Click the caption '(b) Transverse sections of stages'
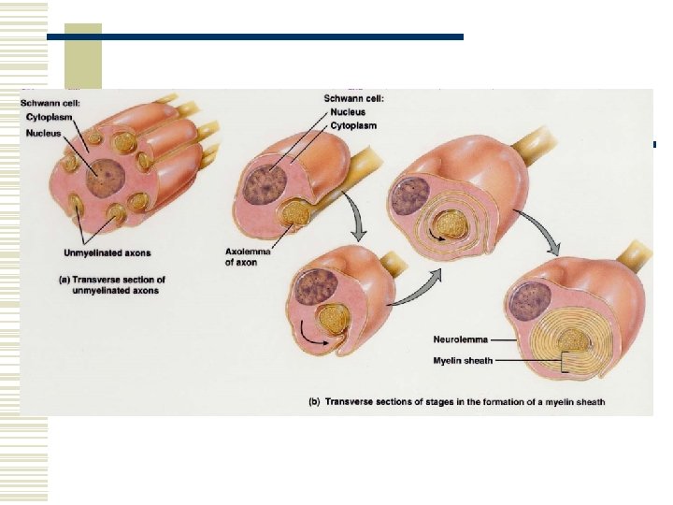(x=457, y=403)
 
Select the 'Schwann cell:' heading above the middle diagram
(x=354, y=98)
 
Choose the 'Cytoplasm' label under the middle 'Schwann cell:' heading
(x=353, y=125)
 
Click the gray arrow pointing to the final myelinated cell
(x=550, y=238)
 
